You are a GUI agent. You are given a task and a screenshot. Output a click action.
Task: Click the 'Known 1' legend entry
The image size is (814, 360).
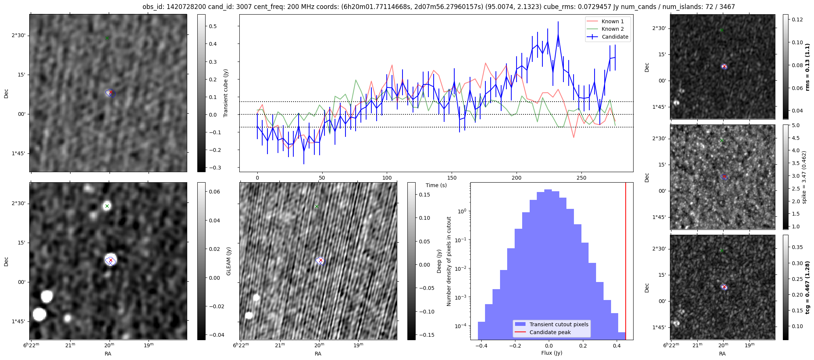[613, 21]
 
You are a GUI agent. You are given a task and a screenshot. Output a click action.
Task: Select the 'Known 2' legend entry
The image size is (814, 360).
[613, 29]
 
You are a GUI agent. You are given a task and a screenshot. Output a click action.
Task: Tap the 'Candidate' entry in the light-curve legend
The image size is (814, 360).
[615, 37]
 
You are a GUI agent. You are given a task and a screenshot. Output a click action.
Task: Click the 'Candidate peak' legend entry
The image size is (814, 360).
[550, 332]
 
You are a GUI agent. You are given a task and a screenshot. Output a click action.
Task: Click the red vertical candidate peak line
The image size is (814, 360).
[626, 262]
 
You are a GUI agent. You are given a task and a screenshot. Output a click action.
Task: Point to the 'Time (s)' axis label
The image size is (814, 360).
[436, 185]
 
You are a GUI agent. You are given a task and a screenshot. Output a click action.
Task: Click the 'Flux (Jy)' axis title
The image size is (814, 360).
[552, 353]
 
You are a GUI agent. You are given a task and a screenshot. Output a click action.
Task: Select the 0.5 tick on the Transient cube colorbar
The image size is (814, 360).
[213, 26]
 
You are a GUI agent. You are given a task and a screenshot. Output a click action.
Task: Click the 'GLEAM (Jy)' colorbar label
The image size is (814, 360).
[228, 261]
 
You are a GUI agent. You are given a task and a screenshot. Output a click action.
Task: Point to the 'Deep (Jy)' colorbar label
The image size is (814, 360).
[439, 261]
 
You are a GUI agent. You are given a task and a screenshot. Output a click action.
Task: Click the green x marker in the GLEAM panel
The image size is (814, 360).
[107, 206]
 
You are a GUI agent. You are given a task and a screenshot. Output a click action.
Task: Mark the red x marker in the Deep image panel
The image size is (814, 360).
[321, 260]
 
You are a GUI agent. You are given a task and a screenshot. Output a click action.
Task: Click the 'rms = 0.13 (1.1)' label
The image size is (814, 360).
[807, 67]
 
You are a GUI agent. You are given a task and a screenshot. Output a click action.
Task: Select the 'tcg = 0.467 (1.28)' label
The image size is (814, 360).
[807, 287]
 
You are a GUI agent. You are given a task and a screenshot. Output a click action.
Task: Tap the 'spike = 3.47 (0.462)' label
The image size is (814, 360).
[803, 177]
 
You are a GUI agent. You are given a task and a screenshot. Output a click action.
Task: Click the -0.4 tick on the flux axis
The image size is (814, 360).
[481, 346]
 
